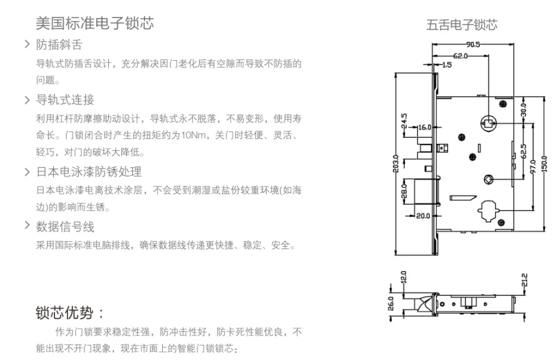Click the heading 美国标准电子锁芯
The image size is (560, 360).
[94, 24]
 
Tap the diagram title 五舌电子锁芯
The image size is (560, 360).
[462, 26]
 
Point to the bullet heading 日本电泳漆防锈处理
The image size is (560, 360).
[89, 172]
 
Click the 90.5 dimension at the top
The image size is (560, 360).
[472, 44]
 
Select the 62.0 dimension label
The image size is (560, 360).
[460, 56]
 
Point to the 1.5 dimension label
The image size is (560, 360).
[446, 64]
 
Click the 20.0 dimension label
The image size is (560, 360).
[423, 216]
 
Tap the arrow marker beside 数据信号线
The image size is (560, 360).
[27, 225]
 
